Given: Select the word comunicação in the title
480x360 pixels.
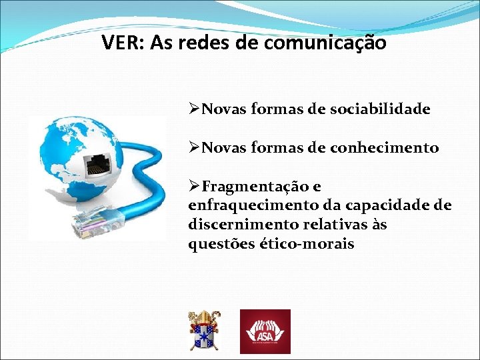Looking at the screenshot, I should coord(325,43).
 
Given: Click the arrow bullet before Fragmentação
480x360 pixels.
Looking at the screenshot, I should coord(195,186).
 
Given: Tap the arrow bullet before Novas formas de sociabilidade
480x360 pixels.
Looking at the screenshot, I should coord(195,109).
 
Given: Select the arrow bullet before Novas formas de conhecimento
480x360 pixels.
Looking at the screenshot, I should coord(195,147).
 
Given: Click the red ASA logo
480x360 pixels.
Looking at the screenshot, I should coord(265,331).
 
